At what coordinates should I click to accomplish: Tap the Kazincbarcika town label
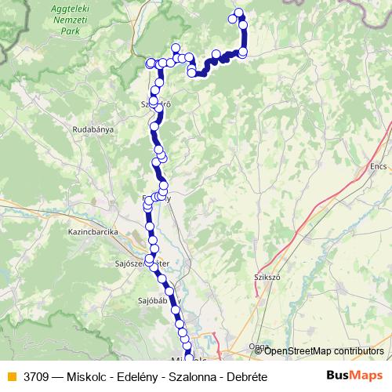tap(93, 232)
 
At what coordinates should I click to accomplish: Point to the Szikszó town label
tap(267, 277)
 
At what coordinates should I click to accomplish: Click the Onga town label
tap(258, 346)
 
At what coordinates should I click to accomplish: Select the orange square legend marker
tap(11, 377)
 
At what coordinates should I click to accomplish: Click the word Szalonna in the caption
tap(187, 377)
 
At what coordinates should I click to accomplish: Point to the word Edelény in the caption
tap(132, 377)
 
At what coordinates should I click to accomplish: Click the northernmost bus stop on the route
tap(239, 13)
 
